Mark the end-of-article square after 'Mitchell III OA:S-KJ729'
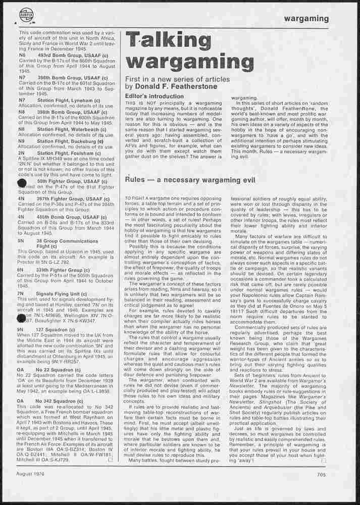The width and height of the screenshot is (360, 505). click(110, 460)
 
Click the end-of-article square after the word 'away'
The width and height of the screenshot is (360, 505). click(324, 461)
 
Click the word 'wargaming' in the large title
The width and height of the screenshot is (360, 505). click(189, 62)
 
